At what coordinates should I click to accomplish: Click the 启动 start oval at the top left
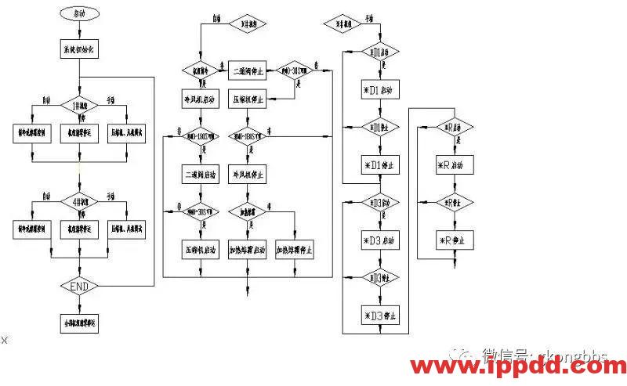click(x=79, y=14)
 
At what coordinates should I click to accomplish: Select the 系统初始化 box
click(x=79, y=49)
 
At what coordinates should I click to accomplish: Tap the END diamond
click(x=79, y=287)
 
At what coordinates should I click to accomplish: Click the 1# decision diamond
click(x=79, y=104)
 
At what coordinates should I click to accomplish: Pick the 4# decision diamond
click(x=79, y=198)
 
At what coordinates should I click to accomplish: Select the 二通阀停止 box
click(x=249, y=70)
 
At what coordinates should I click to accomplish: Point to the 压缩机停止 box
click(x=249, y=100)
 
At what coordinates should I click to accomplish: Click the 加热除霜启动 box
click(x=249, y=251)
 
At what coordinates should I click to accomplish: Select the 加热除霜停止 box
click(x=295, y=251)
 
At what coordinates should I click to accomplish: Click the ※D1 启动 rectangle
click(x=379, y=90)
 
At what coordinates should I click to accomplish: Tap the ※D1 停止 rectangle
click(x=379, y=165)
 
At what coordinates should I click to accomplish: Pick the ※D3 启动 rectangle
click(x=379, y=240)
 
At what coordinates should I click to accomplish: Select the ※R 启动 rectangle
click(x=454, y=165)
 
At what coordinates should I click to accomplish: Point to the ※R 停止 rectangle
click(x=454, y=240)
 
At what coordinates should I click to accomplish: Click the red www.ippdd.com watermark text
click(x=518, y=368)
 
